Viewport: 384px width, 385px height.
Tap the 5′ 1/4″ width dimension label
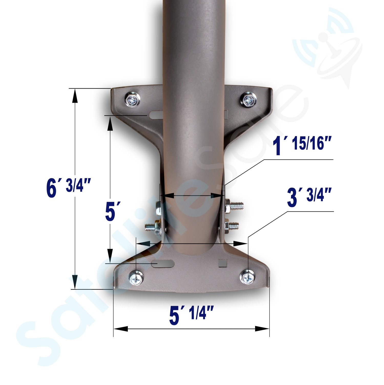point(191,314)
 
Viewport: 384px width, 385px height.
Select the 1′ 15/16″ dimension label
point(302,145)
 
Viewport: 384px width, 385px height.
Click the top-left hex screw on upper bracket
point(133,100)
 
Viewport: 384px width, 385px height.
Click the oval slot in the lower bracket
point(163,264)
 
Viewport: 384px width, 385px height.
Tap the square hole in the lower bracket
point(223,263)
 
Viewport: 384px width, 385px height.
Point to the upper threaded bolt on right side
point(236,206)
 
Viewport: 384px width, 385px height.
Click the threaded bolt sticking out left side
point(151,227)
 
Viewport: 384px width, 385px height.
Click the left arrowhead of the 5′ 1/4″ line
point(121,329)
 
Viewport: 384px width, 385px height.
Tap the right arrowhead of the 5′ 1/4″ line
point(262,329)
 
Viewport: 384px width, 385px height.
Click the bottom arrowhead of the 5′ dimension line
point(110,256)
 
